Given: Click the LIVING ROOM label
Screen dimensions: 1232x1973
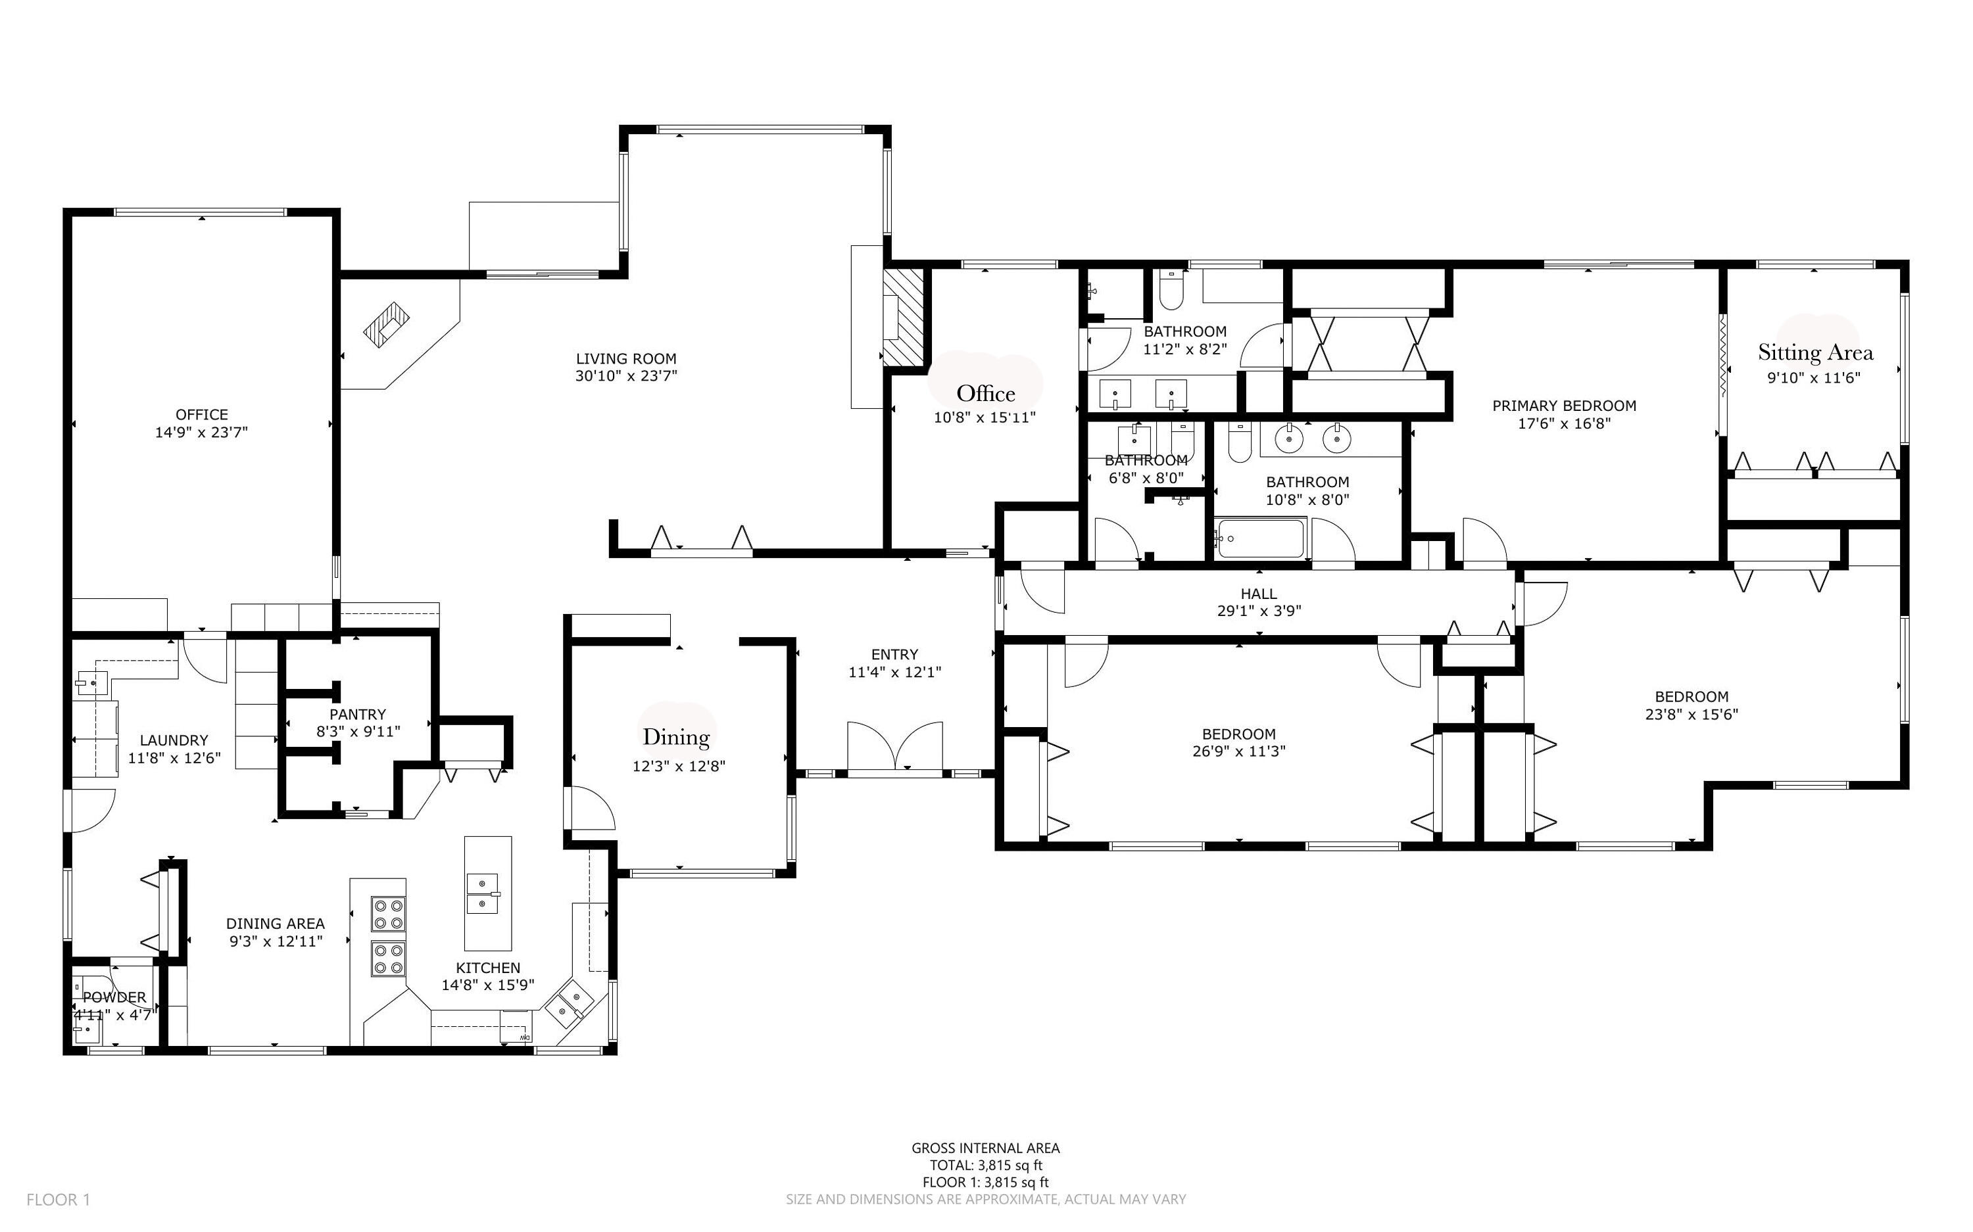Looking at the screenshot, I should tap(626, 358).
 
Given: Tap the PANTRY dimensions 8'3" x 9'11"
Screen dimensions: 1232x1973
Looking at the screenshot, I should tap(358, 732).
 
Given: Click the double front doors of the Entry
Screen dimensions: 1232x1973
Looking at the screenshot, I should tap(895, 746).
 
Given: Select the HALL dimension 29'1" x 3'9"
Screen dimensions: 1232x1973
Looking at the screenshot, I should tap(1258, 611).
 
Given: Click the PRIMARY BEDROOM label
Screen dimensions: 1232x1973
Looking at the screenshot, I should tap(1563, 406).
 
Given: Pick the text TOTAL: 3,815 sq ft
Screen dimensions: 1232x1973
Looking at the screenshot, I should tap(985, 1165).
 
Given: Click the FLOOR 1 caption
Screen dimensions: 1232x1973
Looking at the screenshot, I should tap(58, 1199).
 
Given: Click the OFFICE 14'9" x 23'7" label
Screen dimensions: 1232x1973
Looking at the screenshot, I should tap(201, 415).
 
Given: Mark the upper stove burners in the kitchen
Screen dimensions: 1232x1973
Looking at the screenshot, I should tap(389, 913).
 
